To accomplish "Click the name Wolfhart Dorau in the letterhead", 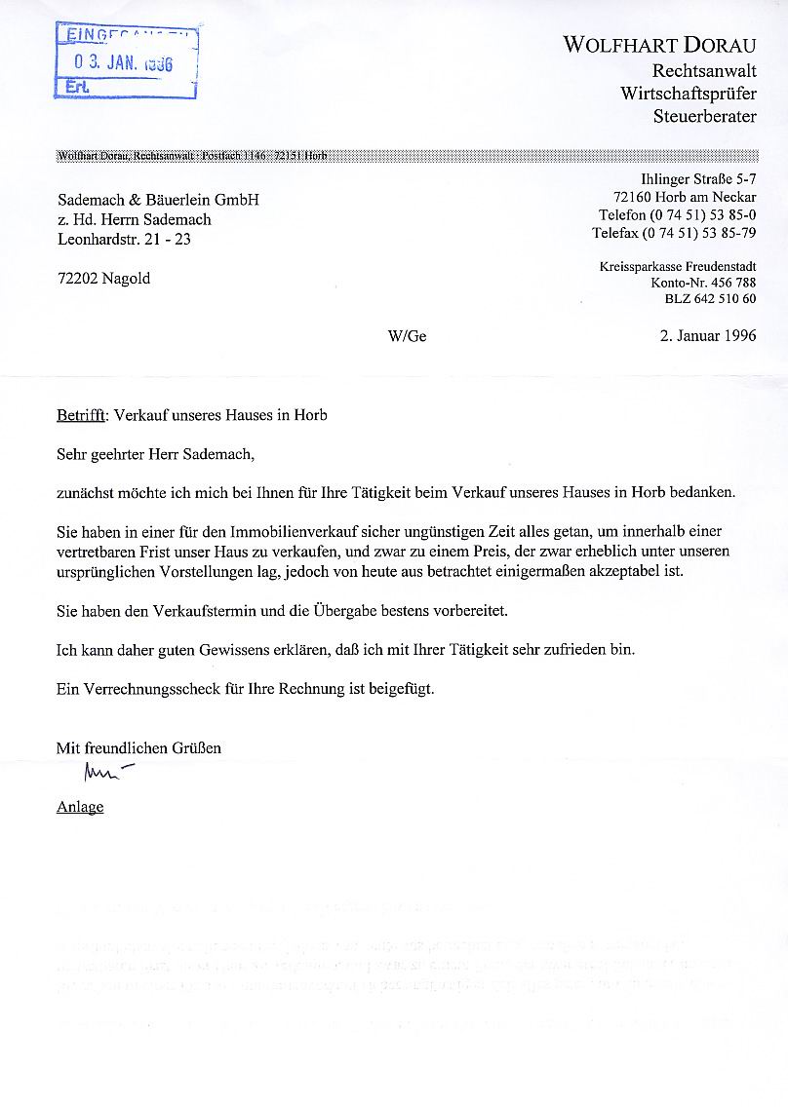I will pyautogui.click(x=659, y=45).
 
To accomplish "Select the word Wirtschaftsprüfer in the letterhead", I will pyautogui.click(x=689, y=94).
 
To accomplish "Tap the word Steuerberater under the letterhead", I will pyautogui.click(x=705, y=117).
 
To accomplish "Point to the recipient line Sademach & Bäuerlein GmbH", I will pyautogui.click(x=158, y=200).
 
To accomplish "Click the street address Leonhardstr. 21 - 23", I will pyautogui.click(x=124, y=239).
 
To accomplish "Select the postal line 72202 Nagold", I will pyautogui.click(x=104, y=278).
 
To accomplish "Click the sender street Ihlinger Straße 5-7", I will pyautogui.click(x=698, y=179).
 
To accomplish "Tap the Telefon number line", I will pyautogui.click(x=678, y=214).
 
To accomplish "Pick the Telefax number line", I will pyautogui.click(x=674, y=233).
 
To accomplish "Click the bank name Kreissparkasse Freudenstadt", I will pyautogui.click(x=678, y=266).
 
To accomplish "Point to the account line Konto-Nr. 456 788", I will pyautogui.click(x=703, y=283).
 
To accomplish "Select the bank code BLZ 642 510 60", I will pyautogui.click(x=710, y=299).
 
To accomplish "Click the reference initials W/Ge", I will pyautogui.click(x=407, y=336).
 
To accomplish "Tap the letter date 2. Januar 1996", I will pyautogui.click(x=709, y=336).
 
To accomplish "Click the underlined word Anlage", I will pyautogui.click(x=80, y=807).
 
